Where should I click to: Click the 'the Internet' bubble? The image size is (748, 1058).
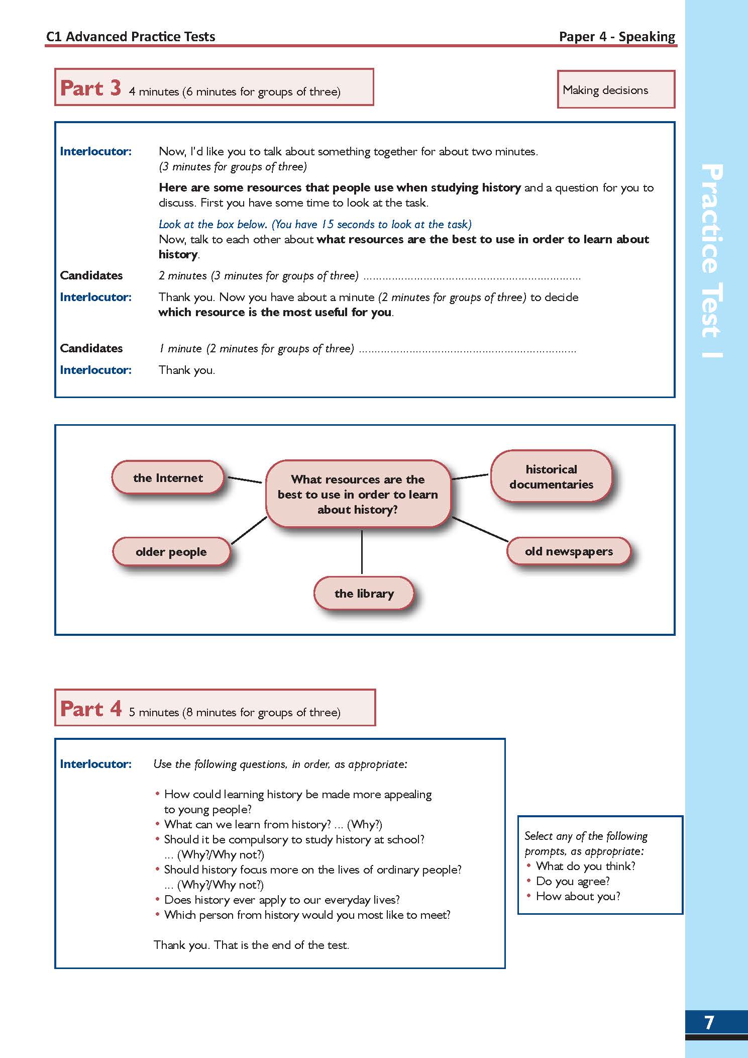[168, 477]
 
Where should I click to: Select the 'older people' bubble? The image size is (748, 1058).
[171, 551]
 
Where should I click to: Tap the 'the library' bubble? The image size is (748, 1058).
[364, 594]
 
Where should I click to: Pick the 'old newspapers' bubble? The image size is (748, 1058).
[569, 551]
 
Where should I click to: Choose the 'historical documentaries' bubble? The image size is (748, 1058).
[551, 476]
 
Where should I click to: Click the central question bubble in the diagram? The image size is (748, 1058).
[358, 494]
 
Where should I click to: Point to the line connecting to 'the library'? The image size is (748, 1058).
[362, 552]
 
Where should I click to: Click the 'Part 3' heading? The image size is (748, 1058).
[90, 88]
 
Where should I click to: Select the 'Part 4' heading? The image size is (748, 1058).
[90, 709]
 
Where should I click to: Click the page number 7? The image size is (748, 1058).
[709, 1022]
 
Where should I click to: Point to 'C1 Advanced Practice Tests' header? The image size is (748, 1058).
[131, 37]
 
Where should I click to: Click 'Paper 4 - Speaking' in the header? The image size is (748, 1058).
[617, 37]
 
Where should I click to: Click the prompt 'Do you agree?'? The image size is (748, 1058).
[573, 881]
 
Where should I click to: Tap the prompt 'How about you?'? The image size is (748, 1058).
[578, 896]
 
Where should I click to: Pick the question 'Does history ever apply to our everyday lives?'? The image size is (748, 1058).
[282, 900]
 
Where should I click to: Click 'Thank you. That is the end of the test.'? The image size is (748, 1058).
[251, 945]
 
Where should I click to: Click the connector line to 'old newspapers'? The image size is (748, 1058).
[480, 529]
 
